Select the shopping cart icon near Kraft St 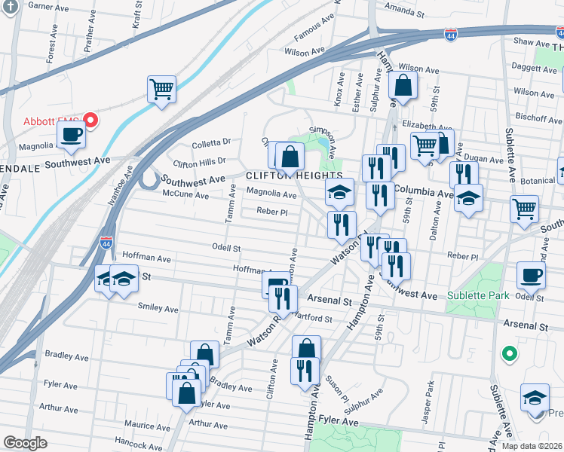click(161, 90)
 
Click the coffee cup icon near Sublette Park click(532, 276)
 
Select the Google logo click(25, 443)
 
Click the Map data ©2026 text click(531, 445)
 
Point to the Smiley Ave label click(158, 308)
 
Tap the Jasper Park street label click(429, 395)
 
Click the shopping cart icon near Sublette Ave click(524, 208)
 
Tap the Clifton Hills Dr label click(200, 162)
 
